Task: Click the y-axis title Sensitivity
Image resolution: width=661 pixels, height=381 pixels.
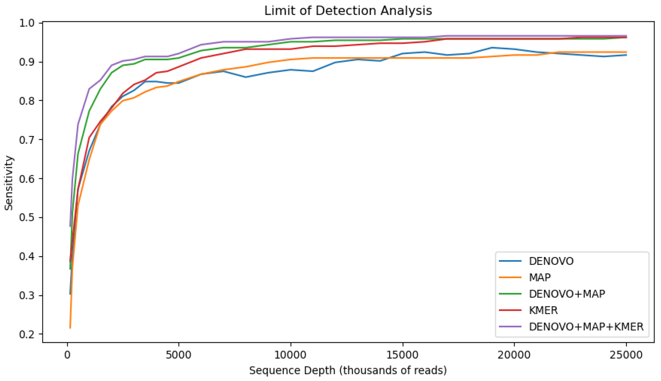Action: pos(9,183)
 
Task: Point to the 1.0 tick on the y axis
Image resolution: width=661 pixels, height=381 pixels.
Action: pos(27,23)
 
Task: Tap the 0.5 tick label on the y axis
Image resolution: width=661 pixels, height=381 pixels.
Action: pos(27,218)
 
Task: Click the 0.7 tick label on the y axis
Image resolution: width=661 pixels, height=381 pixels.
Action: pos(27,140)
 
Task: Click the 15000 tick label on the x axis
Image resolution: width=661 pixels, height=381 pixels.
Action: pos(403,355)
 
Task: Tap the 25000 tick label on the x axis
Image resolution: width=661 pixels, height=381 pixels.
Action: pos(626,355)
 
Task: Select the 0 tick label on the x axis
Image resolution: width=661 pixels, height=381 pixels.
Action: pos(67,355)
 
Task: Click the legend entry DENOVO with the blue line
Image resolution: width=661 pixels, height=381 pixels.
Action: pos(551,261)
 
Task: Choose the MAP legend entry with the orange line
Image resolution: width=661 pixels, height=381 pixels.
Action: pos(540,277)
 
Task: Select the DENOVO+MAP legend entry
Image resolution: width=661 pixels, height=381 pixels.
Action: pos(567,294)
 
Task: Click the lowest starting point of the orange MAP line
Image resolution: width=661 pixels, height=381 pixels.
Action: pos(70,328)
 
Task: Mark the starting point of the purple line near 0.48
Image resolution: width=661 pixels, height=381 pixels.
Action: pos(70,226)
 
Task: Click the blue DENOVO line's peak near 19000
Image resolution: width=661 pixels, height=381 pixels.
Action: pos(492,48)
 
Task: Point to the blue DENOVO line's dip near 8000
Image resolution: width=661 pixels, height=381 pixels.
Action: pos(246,77)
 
